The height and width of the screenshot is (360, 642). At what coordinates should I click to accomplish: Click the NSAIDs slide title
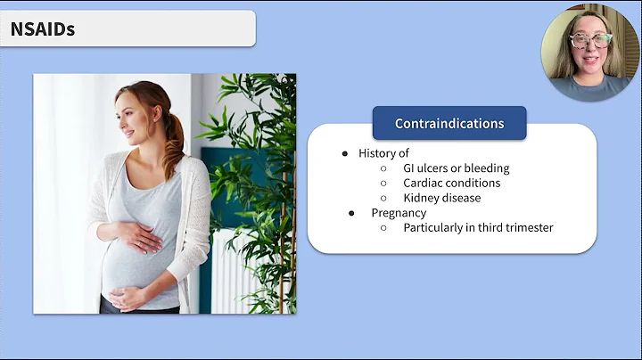click(43, 29)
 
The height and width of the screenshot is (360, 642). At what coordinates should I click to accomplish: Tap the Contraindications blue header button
click(449, 124)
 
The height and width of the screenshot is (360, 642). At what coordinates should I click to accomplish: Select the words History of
click(383, 153)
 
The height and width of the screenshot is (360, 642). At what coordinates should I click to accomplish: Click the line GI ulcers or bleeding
click(456, 168)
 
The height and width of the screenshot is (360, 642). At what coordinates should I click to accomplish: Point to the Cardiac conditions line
click(451, 183)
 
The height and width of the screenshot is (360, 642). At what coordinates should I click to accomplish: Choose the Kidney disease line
click(441, 198)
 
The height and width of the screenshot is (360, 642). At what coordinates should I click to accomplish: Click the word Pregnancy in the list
click(399, 213)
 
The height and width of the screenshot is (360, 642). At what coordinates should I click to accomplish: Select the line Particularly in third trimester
click(478, 227)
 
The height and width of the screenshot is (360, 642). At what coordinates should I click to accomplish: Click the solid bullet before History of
click(345, 153)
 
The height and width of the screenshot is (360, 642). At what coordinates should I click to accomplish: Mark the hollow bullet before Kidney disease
click(383, 198)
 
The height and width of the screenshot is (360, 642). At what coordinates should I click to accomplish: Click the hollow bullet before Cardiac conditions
click(383, 183)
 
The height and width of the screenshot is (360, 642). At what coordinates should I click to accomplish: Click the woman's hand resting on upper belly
click(142, 239)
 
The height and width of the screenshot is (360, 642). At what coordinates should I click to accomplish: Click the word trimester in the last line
click(526, 227)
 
